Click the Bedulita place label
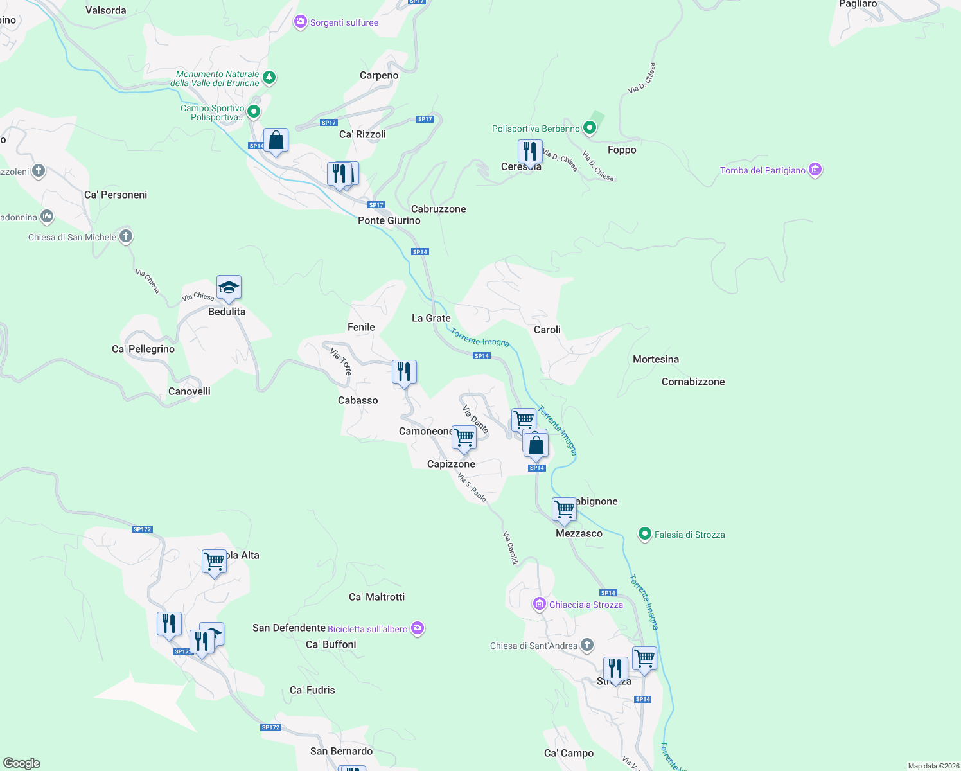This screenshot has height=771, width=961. [x=227, y=312]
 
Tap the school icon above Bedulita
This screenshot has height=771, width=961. [x=229, y=288]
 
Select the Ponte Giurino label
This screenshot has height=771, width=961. [x=389, y=220]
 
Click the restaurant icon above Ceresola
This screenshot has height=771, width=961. [x=529, y=152]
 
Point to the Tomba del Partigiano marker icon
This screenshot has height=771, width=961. [x=815, y=170]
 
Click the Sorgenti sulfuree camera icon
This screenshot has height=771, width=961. [x=300, y=22]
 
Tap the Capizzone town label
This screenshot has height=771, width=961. [x=451, y=464]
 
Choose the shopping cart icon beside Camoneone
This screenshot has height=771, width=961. [x=464, y=438]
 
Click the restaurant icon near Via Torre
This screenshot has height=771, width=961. [x=404, y=372]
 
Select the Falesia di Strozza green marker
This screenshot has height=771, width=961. [x=644, y=534]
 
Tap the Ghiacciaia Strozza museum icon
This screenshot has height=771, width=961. [x=540, y=604]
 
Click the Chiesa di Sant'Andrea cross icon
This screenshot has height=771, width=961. [x=586, y=645]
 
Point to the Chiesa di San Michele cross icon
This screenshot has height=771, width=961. [x=126, y=236]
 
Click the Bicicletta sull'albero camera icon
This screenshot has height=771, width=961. [x=418, y=628]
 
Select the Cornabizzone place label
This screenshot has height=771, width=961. [x=693, y=382]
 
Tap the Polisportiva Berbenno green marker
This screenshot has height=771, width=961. [x=589, y=128]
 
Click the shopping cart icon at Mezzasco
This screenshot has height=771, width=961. [x=564, y=510]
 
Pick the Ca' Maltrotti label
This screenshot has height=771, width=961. [x=376, y=597]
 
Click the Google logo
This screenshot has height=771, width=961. [x=22, y=763]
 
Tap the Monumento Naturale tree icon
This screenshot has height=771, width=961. [x=269, y=78]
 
